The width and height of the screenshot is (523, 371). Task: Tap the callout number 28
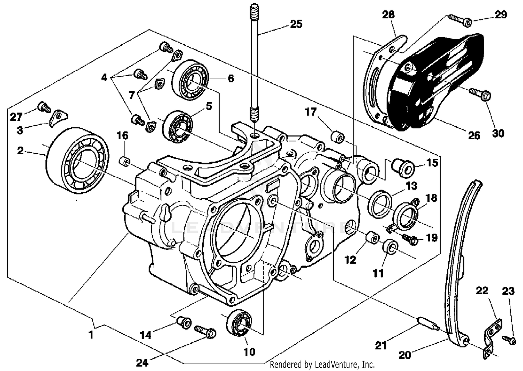point(388,15)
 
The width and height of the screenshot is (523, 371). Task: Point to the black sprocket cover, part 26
point(439,80)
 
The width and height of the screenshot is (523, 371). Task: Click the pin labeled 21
point(427,324)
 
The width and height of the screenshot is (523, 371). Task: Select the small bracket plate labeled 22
point(492,335)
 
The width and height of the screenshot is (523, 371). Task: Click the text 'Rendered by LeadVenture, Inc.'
point(323,365)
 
